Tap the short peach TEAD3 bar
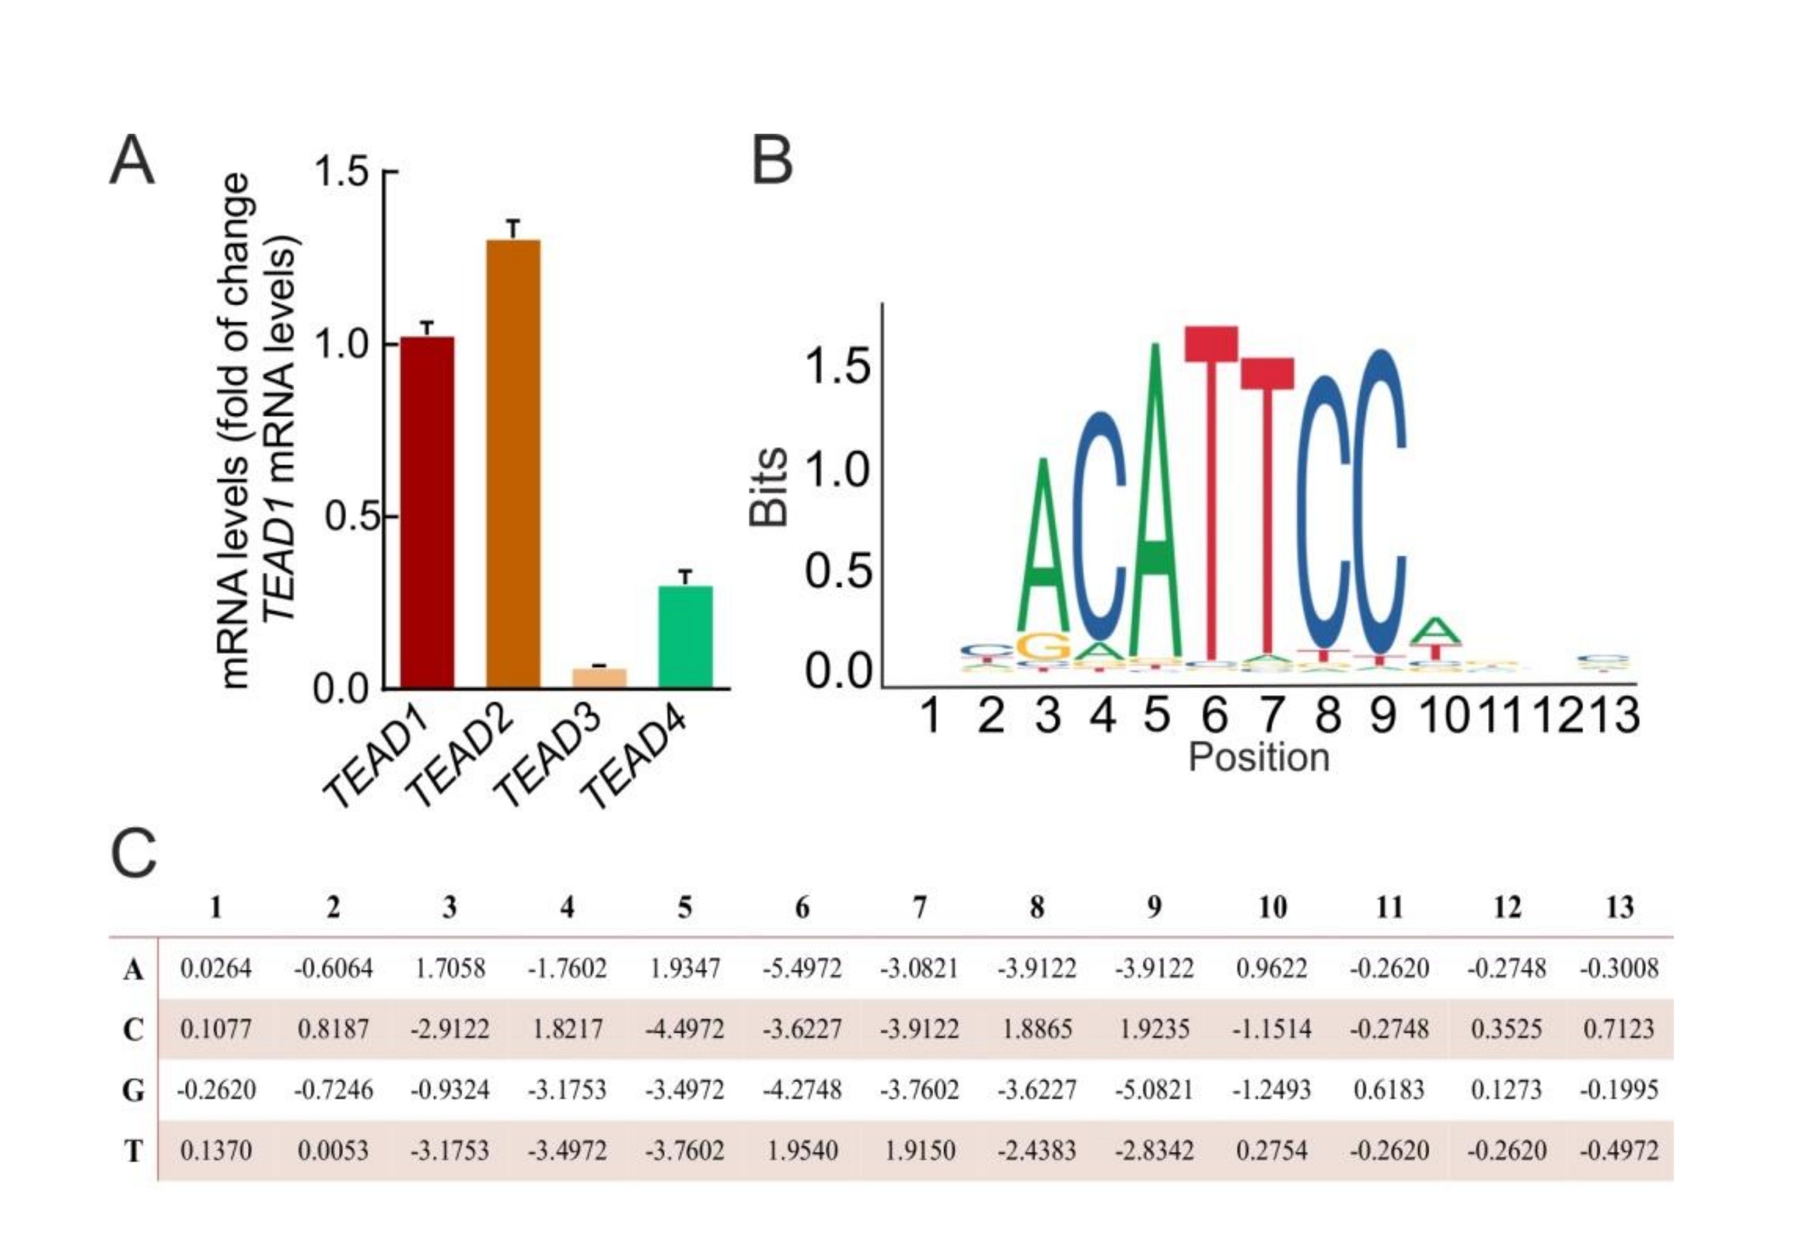pyautogui.click(x=599, y=677)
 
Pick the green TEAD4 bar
pyautogui.click(x=685, y=637)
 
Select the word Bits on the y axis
pyautogui.click(x=768, y=486)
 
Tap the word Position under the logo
pyautogui.click(x=1258, y=757)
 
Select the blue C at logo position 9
pyautogui.click(x=1381, y=500)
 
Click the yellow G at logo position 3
pyautogui.click(x=1044, y=646)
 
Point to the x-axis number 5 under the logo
pyautogui.click(x=1157, y=715)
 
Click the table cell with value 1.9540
pyautogui.click(x=802, y=1150)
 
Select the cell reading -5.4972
pyautogui.click(x=802, y=969)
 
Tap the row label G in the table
pyautogui.click(x=133, y=1090)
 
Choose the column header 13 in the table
pyautogui.click(x=1619, y=907)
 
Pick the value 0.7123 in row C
pyautogui.click(x=1619, y=1029)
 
